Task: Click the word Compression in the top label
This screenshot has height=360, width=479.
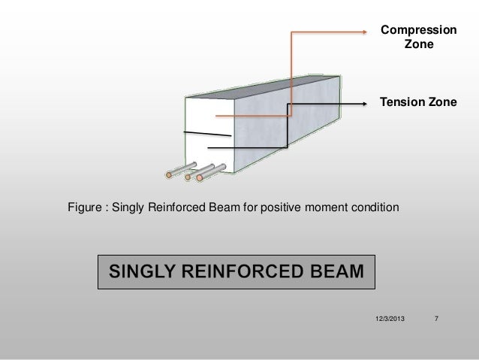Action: [417, 30]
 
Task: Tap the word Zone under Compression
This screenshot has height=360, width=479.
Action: [418, 45]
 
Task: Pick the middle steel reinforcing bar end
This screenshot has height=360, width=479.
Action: [187, 177]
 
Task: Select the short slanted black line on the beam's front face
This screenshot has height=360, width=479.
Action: [208, 135]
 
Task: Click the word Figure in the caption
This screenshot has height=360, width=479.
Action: [86, 207]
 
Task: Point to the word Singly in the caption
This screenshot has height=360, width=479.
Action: [129, 207]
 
